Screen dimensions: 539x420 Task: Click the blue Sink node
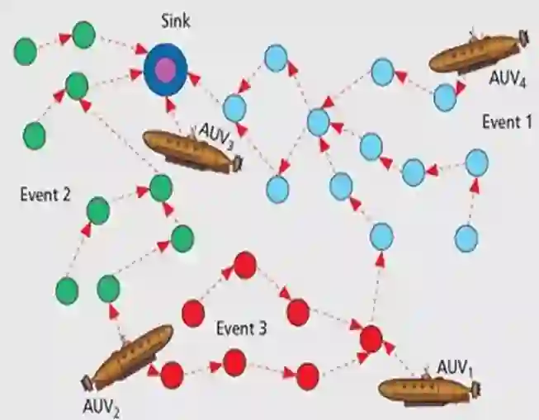coord(165,69)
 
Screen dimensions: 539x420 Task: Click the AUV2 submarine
coord(131,356)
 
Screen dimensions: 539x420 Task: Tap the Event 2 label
coord(45,196)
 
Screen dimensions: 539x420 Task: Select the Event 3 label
coord(241,328)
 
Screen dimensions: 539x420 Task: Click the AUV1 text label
coord(454,367)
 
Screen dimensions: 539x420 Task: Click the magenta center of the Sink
coord(165,69)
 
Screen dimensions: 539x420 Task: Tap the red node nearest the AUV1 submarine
coord(371,338)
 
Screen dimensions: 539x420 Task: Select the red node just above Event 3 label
coord(244,266)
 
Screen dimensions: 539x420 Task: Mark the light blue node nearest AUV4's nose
coord(445,97)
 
